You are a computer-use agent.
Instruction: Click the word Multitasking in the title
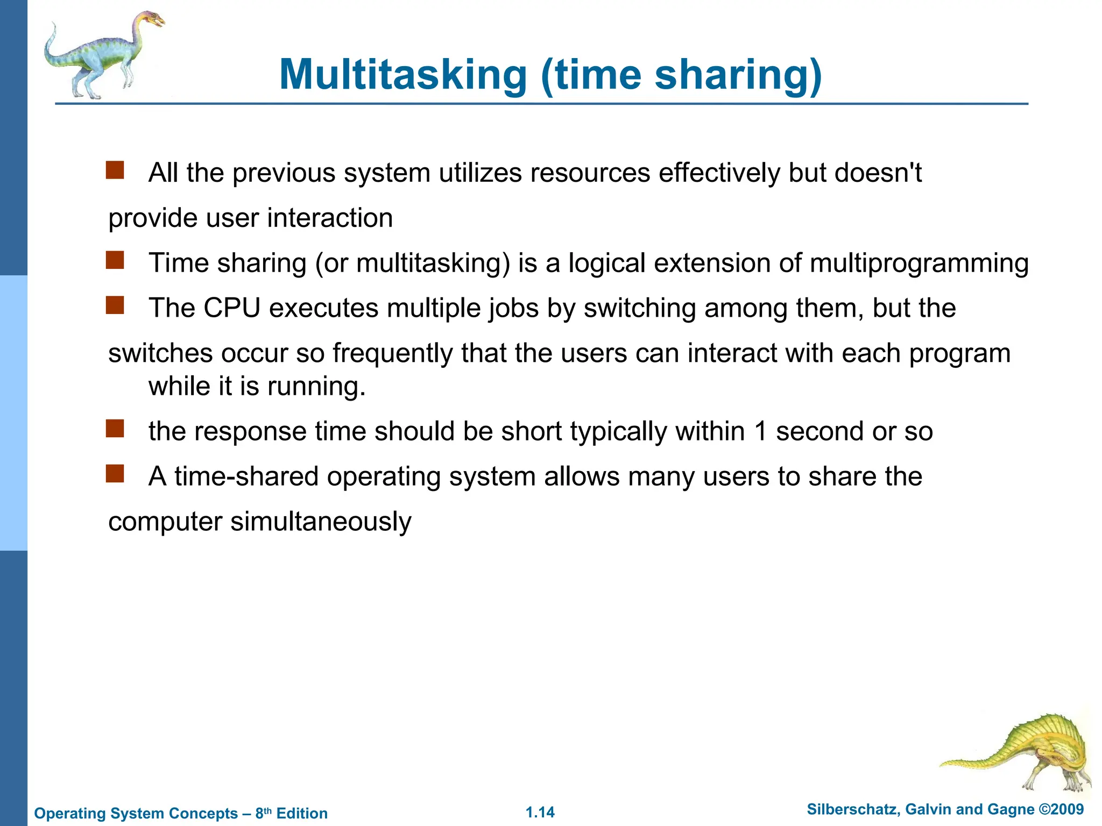[x=403, y=75]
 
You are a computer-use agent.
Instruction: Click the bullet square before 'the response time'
[x=115, y=429]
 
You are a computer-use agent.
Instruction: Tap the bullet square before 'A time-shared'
[x=115, y=474]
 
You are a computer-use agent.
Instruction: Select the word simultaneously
[x=321, y=522]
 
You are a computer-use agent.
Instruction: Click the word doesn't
[x=878, y=173]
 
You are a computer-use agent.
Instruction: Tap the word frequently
[x=392, y=353]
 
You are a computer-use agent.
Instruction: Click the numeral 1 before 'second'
[x=760, y=431]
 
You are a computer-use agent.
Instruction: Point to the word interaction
[x=330, y=218]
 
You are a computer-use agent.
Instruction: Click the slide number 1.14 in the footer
[x=540, y=812]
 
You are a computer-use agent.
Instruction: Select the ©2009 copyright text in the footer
[x=1061, y=809]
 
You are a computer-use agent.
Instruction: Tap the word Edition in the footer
[x=302, y=813]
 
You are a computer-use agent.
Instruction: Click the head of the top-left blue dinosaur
[x=152, y=21]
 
